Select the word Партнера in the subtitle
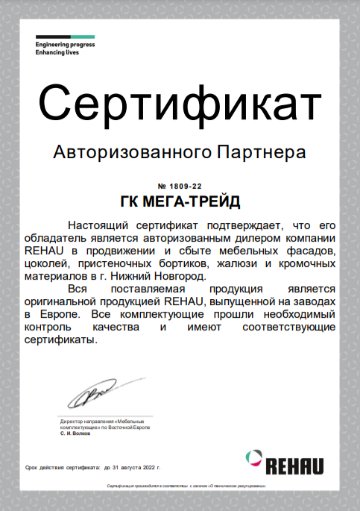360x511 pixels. [x=259, y=153]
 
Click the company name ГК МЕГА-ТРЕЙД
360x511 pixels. [x=180, y=201]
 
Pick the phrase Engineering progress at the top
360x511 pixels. [x=65, y=45]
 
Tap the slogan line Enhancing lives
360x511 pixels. [x=59, y=53]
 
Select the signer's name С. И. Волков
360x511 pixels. [x=75, y=433]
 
